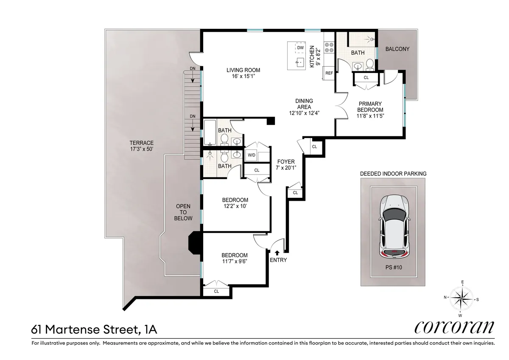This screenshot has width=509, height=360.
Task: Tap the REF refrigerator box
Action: point(329,73)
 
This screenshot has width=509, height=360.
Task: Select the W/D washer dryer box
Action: point(251,155)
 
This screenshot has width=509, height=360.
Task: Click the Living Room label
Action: point(243,73)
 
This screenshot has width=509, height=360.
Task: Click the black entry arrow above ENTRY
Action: point(277,253)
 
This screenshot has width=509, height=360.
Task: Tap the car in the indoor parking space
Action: point(395,227)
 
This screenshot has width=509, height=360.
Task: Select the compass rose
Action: point(461,298)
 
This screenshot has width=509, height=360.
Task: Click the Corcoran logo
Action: point(454,327)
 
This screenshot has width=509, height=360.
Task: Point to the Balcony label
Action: point(397,49)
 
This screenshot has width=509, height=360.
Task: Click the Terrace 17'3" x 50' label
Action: point(142,146)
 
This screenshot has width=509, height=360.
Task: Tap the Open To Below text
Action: point(184,212)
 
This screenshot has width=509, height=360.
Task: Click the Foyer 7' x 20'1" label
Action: point(286,164)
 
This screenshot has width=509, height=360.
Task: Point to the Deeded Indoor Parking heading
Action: point(393,174)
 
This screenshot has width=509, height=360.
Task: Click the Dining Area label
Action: point(304,107)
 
